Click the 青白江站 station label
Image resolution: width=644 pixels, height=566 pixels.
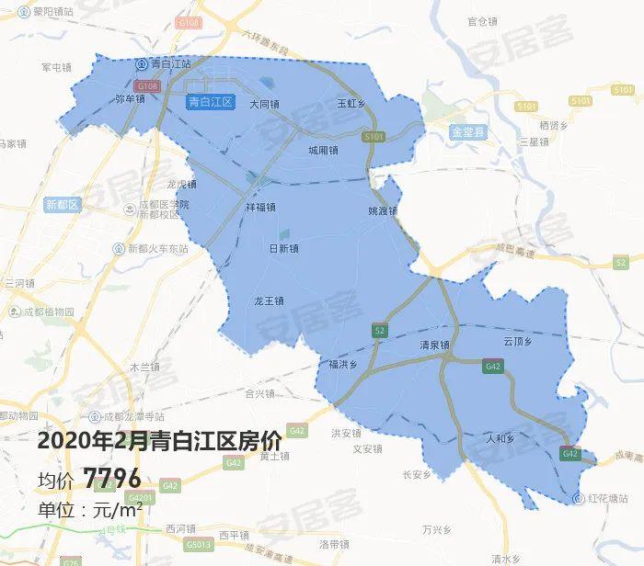169,64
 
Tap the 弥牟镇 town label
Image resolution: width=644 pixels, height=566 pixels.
131,97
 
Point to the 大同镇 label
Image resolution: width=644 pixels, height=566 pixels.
265,104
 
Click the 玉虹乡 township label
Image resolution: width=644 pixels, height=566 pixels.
351,104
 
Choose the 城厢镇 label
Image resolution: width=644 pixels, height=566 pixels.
323,150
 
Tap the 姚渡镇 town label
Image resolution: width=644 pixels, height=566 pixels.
382,210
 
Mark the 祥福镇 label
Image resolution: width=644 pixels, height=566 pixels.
260,208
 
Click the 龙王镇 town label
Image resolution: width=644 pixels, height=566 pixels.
270,300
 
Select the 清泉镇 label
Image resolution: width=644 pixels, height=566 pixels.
433,345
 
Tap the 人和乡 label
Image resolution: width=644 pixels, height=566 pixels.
501,438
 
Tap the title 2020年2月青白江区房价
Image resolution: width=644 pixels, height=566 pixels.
159,440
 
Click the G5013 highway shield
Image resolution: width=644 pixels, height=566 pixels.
196,544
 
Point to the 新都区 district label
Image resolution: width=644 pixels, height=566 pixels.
63,204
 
